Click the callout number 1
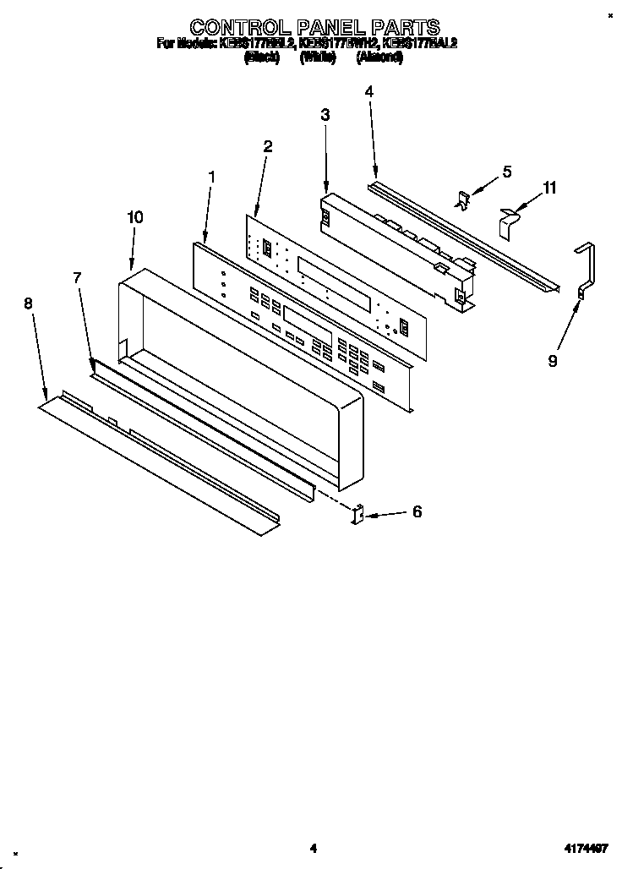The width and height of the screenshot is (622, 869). pyautogui.click(x=211, y=178)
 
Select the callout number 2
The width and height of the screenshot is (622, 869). pyautogui.click(x=267, y=145)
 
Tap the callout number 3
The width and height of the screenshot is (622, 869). pyautogui.click(x=325, y=115)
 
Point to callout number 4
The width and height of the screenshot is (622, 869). pyautogui.click(x=369, y=90)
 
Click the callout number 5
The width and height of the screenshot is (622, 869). pyautogui.click(x=507, y=172)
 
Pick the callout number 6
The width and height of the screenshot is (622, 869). pyautogui.click(x=417, y=511)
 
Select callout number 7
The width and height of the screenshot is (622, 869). pyautogui.click(x=77, y=277)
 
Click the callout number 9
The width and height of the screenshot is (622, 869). pyautogui.click(x=552, y=361)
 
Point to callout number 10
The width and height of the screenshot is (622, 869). pyautogui.click(x=134, y=217)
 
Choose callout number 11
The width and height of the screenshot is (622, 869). pyautogui.click(x=550, y=188)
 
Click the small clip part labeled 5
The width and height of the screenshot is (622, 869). pyautogui.click(x=462, y=200)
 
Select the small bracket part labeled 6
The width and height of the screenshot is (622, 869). pyautogui.click(x=357, y=514)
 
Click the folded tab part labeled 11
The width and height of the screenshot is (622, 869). pyautogui.click(x=507, y=221)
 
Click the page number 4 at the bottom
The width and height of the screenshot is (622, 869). pyautogui.click(x=312, y=848)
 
